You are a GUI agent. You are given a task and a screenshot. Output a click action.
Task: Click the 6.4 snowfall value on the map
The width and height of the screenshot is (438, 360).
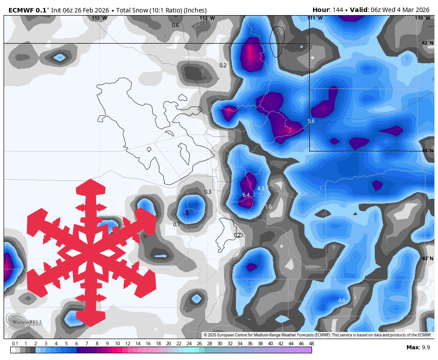[x=246, y=195]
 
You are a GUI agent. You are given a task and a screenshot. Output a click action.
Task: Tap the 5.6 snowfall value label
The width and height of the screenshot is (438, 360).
[x=311, y=121]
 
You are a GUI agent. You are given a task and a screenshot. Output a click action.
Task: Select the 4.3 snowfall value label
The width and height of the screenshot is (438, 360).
[x=261, y=188]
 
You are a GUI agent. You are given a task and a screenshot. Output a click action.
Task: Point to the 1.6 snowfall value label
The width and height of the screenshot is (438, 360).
[x=268, y=207]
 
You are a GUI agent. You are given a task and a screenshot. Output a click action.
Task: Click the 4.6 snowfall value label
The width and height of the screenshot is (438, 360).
[x=342, y=300]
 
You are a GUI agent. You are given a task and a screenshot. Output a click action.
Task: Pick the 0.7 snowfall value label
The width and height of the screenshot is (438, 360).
[x=177, y=225]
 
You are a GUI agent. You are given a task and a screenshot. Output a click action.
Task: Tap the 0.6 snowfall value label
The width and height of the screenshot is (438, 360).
[x=175, y=25]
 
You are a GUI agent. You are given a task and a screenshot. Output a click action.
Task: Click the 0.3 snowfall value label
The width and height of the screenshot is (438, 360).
[x=208, y=192]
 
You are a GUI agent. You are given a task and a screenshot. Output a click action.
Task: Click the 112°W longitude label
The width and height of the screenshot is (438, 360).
[x=207, y=18]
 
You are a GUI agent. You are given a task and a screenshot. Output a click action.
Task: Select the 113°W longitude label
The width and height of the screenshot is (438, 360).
[x=99, y=18]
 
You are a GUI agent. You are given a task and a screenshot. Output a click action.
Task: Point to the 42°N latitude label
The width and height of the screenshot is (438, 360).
[x=427, y=43]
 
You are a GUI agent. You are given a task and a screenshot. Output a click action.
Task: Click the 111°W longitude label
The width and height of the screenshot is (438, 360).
[x=315, y=18]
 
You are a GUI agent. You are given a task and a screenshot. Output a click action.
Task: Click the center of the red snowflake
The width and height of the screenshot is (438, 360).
[x=91, y=253]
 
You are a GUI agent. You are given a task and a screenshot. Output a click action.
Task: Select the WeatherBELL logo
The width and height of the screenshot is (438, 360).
[x=24, y=320]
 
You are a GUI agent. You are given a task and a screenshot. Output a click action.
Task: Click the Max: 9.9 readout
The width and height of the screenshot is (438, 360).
[x=418, y=347]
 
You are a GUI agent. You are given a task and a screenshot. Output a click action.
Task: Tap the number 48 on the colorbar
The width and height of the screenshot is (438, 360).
[x=311, y=344]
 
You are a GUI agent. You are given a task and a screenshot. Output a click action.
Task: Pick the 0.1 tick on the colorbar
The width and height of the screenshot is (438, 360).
[x=15, y=344]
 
